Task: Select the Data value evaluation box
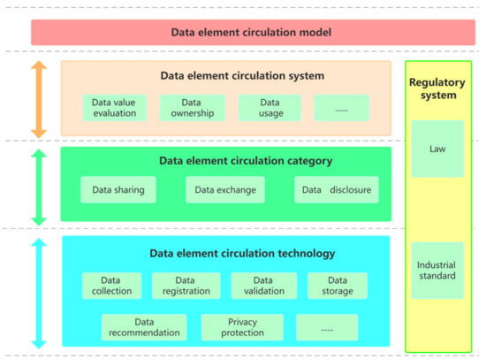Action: click(114, 108)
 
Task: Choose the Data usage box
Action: click(269, 108)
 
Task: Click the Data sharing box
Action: click(118, 189)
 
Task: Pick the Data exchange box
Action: click(225, 189)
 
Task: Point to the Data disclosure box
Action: click(337, 189)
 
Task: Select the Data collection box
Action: click(112, 286)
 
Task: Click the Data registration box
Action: click(186, 286)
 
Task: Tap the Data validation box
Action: click(264, 286)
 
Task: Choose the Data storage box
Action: click(338, 286)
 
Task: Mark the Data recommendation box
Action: click(145, 327)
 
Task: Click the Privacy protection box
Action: click(242, 327)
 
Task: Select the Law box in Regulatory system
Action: click(437, 149)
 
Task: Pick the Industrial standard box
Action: click(437, 270)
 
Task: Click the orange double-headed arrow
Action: click(38, 98)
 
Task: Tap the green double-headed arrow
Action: click(38, 187)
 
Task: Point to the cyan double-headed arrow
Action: click(38, 292)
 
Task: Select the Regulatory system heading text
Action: click(437, 88)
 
